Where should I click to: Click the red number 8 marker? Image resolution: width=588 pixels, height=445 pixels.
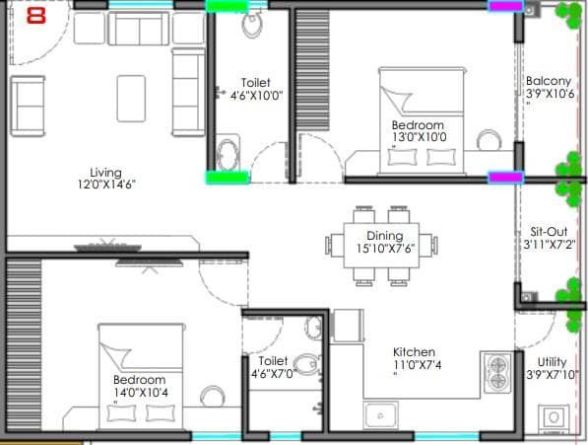click(x=37, y=16)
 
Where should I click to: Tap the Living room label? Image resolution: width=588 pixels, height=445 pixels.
click(x=104, y=172)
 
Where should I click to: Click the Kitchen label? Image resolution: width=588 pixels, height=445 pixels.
click(x=413, y=352)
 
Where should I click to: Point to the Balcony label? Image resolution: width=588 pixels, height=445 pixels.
click(x=549, y=81)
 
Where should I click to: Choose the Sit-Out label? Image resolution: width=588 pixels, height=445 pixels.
click(x=549, y=231)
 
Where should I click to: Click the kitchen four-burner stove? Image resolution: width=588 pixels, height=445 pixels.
click(x=497, y=372)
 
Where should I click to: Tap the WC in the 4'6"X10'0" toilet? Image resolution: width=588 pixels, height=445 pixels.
click(x=252, y=22)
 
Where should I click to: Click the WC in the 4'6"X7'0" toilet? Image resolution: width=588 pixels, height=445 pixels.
click(x=306, y=363)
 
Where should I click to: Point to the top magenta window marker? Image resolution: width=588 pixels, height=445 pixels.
click(x=505, y=7)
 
